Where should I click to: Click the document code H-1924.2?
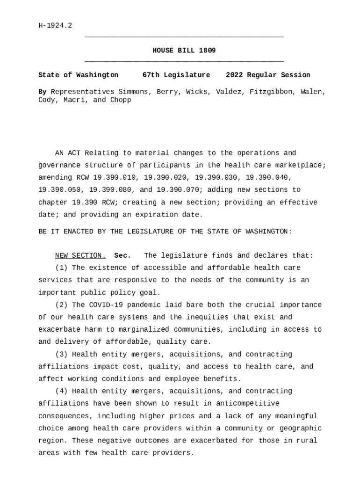point(55,26)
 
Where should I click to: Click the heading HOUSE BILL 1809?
point(184,51)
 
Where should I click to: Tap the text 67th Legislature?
point(176,75)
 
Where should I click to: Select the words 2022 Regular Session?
point(268,75)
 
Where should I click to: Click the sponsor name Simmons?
point(133,92)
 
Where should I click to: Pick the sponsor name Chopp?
point(121,100)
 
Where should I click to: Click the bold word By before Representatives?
point(42,92)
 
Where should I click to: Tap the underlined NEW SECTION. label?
point(80,255)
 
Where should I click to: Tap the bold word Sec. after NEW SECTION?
point(122,255)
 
